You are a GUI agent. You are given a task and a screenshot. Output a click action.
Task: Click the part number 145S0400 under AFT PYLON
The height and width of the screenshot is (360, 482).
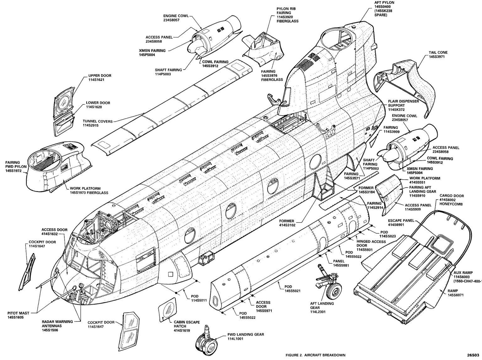(384, 7)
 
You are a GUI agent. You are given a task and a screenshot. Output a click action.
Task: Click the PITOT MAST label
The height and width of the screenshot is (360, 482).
(19, 313)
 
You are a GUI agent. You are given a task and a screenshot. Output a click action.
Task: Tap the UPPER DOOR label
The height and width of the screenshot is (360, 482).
(99, 76)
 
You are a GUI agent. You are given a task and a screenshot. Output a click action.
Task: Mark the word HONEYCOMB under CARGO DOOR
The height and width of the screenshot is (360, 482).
(452, 204)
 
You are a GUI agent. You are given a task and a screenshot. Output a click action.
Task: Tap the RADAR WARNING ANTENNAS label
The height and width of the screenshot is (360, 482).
(57, 323)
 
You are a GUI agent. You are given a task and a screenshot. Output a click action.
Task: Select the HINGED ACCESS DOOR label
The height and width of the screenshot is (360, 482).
(372, 244)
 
